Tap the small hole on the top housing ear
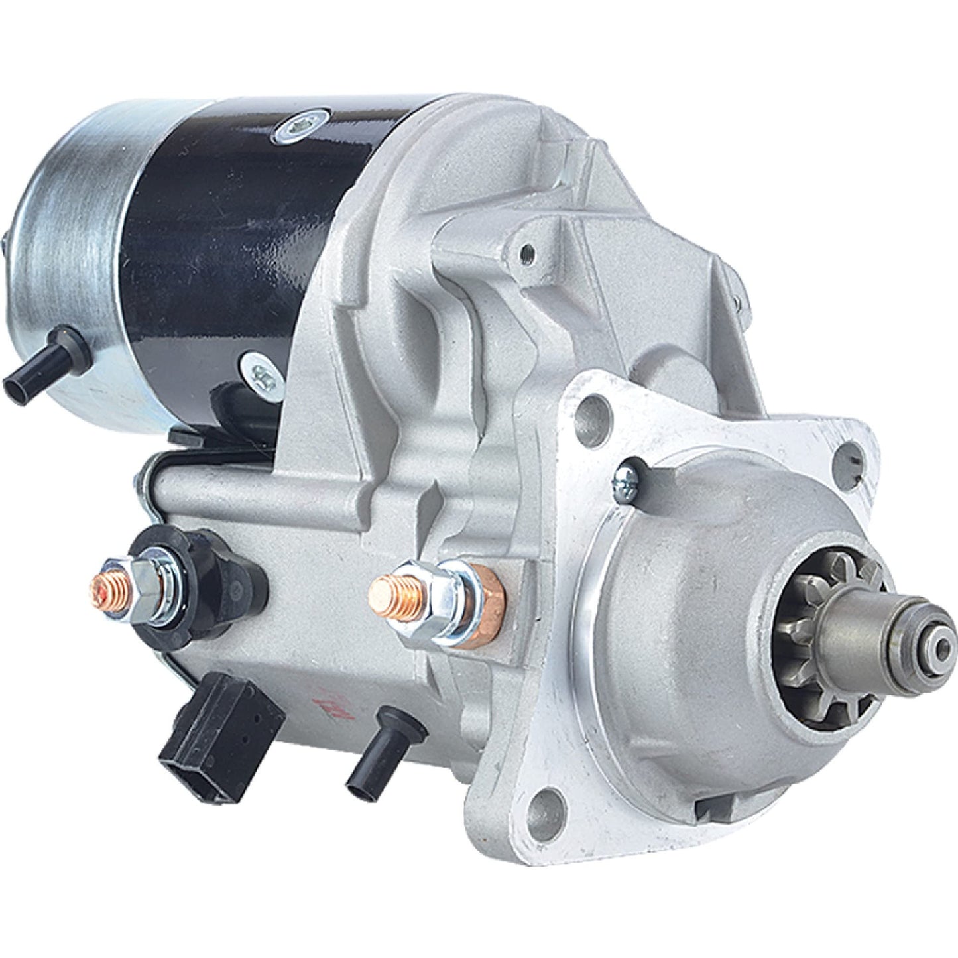(528, 252)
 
